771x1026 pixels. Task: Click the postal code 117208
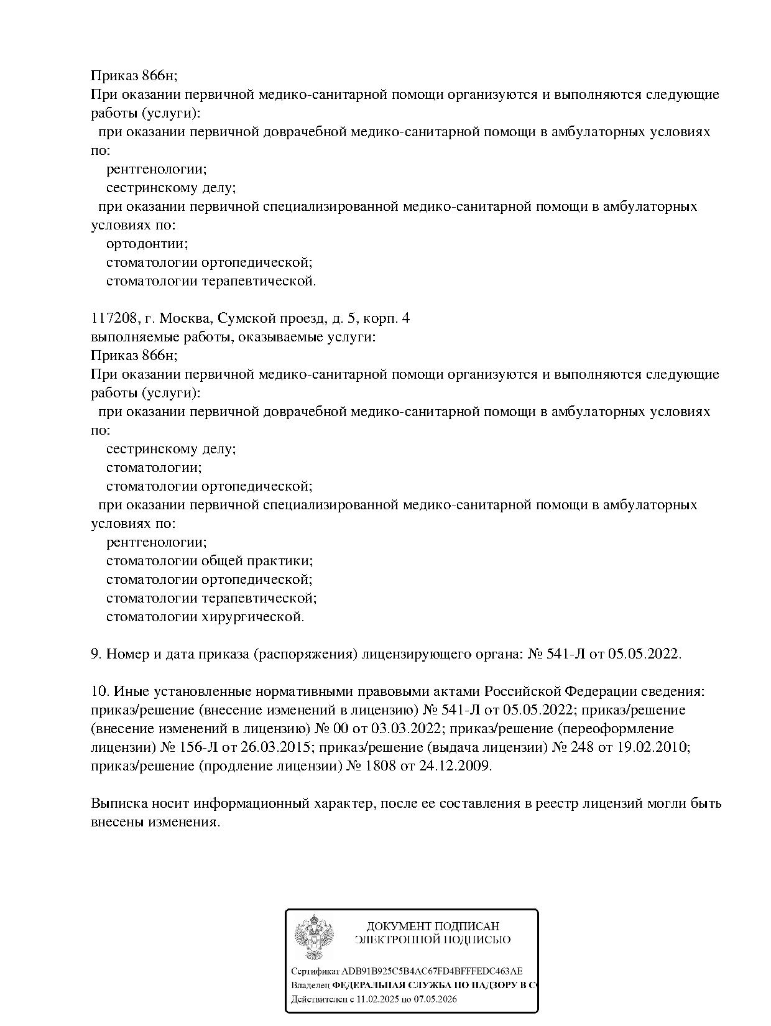(x=114, y=318)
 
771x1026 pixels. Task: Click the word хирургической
(x=260, y=617)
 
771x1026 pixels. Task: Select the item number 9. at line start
(x=96, y=654)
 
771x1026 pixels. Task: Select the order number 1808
(x=381, y=766)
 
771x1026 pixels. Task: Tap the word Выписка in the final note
(x=118, y=803)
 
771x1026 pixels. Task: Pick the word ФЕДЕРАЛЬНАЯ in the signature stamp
(x=369, y=986)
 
